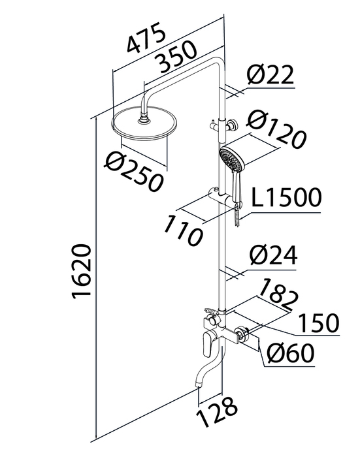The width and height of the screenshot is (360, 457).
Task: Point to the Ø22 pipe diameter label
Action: pyautogui.click(x=270, y=75)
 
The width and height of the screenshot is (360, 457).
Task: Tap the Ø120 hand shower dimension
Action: pyautogui.click(x=276, y=131)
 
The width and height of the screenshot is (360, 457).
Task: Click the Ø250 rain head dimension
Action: pyautogui.click(x=134, y=171)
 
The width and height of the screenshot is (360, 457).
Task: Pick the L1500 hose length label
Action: pyautogui.click(x=286, y=198)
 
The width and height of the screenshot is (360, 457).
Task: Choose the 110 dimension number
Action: pyautogui.click(x=183, y=230)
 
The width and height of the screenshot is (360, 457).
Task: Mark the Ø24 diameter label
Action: pyautogui.click(x=273, y=255)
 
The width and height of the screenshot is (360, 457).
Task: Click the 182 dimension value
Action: pyautogui.click(x=278, y=294)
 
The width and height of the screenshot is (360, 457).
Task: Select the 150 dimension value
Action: pyautogui.click(x=319, y=323)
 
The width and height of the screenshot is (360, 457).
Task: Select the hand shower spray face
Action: pyautogui.click(x=231, y=160)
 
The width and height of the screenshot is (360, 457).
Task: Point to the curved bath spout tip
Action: pyautogui.click(x=199, y=385)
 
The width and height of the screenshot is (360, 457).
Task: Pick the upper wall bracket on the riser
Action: pyautogui.click(x=223, y=125)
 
